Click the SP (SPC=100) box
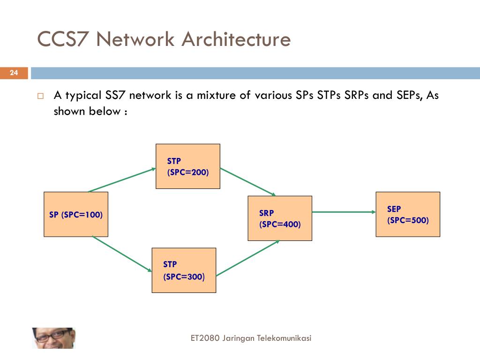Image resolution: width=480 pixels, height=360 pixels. click(76, 214)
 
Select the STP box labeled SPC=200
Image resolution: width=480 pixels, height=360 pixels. click(188, 166)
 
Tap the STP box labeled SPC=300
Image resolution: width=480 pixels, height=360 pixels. click(184, 270)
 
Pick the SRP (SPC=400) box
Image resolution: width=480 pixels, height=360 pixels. click(280, 218)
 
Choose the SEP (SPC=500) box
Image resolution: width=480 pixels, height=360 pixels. click(408, 214)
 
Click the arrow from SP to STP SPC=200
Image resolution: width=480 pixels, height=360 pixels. click(122, 180)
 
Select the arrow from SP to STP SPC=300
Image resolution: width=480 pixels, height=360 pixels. click(122, 254)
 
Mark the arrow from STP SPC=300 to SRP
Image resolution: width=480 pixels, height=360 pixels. click(248, 258)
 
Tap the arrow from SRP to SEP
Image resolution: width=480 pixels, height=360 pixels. click(344, 212)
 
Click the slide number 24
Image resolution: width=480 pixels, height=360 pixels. click(14, 73)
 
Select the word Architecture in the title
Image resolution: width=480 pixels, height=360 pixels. click(236, 39)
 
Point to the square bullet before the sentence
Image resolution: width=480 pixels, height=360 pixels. click(40, 97)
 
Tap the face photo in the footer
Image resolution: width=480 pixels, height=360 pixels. click(53, 338)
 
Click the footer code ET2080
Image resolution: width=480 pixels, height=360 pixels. click(205, 338)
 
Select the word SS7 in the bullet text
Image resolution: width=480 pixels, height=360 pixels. click(116, 96)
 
